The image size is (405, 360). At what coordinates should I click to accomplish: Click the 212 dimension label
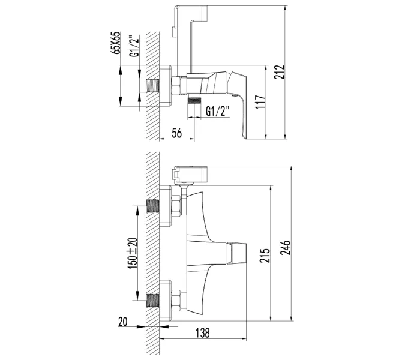pyautogui.click(x=280, y=72)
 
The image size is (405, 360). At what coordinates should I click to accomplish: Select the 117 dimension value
pyautogui.click(x=261, y=102)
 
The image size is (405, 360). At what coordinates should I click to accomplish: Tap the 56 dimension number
pyautogui.click(x=176, y=133)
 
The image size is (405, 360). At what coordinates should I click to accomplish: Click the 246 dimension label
pyautogui.click(x=286, y=248)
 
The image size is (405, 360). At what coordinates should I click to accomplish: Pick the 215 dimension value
pyautogui.click(x=265, y=256)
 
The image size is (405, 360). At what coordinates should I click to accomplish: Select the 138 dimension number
pyautogui.click(x=203, y=333)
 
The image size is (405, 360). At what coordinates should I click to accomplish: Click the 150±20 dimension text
pyautogui.click(x=133, y=253)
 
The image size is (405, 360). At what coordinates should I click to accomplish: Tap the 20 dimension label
pyautogui.click(x=123, y=322)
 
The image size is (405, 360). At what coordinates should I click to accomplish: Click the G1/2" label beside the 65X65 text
pyautogui.click(x=134, y=46)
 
